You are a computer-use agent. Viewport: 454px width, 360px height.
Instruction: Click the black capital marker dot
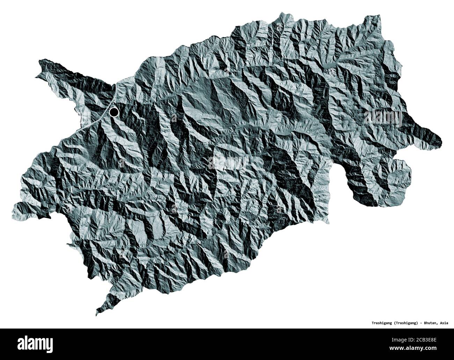(114, 112)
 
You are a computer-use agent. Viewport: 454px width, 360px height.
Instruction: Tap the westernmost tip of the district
(13, 210)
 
